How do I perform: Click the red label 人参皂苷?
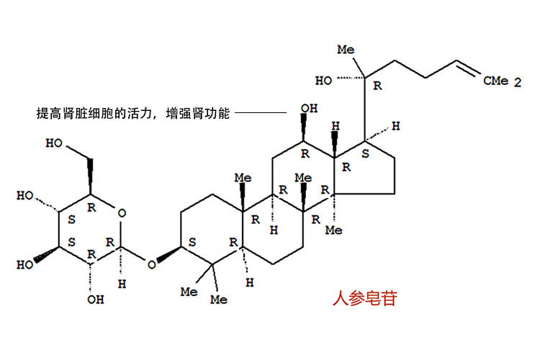[x=365, y=298]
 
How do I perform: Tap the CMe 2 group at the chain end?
[x=502, y=81]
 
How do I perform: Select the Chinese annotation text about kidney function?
[x=133, y=113]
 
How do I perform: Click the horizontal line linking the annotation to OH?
[x=261, y=112]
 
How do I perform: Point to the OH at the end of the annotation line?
[x=309, y=109]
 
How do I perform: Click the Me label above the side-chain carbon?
[x=346, y=50]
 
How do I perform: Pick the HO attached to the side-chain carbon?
[x=324, y=81]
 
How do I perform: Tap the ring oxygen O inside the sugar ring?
[x=122, y=213]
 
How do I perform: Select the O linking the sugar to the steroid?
[x=151, y=264]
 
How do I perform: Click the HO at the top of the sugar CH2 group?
[x=54, y=143]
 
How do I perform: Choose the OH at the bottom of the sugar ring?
[x=95, y=300]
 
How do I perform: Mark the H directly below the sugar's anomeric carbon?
[x=122, y=284]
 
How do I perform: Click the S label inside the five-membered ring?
[x=365, y=153]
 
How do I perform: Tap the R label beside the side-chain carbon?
[x=378, y=86]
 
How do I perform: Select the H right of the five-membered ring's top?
[x=396, y=126]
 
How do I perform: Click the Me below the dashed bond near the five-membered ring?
[x=333, y=230]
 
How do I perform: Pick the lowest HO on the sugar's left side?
[x=25, y=264]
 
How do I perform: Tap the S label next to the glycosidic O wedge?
[x=192, y=242]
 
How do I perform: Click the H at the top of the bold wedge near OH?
[x=336, y=126]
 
